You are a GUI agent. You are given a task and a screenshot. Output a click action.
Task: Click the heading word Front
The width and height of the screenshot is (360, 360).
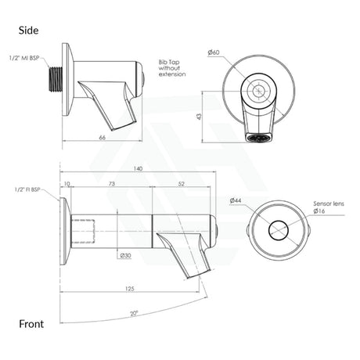pyautogui.click(x=32, y=323)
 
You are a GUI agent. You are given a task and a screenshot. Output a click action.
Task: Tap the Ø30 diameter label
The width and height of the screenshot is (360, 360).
pyautogui.click(x=125, y=255)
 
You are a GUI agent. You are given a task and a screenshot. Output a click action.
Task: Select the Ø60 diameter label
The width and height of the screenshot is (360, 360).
pyautogui.click(x=235, y=52)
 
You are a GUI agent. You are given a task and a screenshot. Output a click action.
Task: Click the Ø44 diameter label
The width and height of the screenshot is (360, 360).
pyautogui.click(x=236, y=201)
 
